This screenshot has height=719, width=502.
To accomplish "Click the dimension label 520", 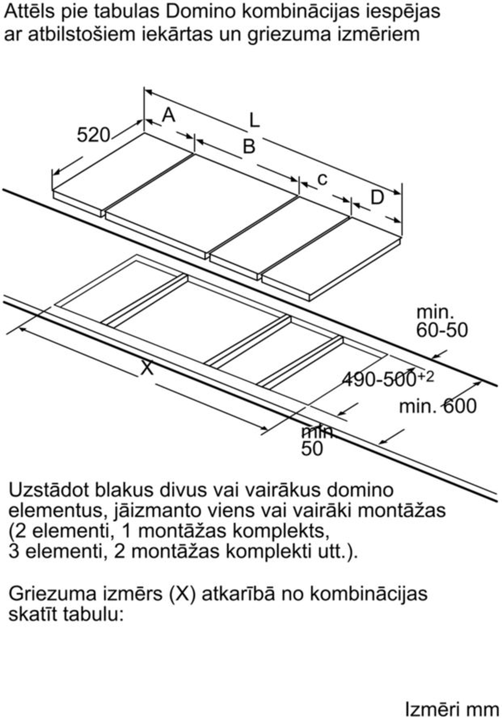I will click(x=93, y=135).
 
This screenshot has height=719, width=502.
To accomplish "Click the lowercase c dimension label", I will click(x=323, y=179).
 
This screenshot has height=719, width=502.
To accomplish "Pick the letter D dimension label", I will click(x=377, y=198).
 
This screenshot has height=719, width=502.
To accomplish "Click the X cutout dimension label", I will click(x=147, y=368).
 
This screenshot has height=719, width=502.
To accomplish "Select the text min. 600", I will click(x=437, y=406).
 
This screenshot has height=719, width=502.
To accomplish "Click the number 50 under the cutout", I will click(x=312, y=449).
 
